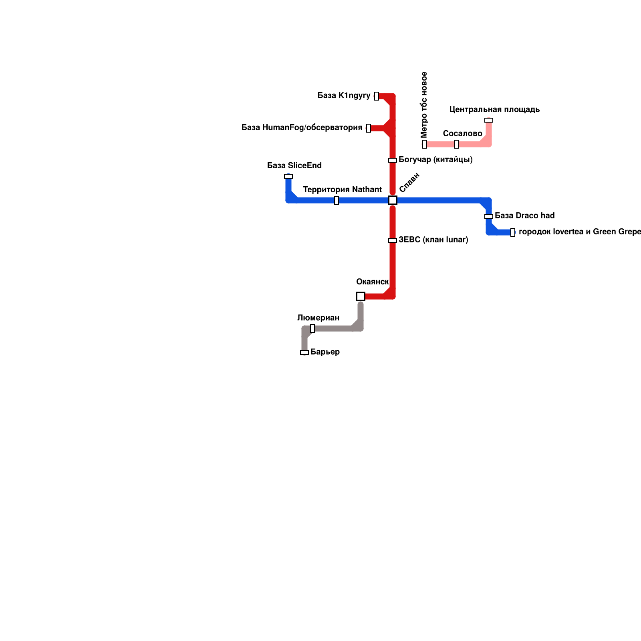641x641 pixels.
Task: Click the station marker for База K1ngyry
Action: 377,96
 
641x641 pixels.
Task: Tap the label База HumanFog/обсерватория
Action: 302,128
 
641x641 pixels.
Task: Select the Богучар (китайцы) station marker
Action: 393,160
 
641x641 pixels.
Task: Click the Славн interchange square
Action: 393,200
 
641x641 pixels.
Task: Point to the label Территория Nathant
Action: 342,189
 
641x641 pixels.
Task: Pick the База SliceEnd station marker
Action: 288,176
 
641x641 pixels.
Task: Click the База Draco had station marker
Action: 489,216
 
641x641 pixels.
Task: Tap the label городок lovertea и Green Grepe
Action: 579,232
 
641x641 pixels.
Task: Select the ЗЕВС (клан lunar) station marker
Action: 393,240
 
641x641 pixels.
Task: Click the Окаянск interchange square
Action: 361,296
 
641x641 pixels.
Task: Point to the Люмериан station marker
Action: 312,329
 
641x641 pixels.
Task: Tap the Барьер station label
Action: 325,352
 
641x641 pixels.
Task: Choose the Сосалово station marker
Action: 457,144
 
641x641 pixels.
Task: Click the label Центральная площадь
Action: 494,109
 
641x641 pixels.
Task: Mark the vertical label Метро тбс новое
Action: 424,105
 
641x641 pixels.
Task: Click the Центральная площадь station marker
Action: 489,120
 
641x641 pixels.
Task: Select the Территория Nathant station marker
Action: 337,200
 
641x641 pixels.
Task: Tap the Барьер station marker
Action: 304,353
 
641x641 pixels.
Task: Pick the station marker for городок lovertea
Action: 513,232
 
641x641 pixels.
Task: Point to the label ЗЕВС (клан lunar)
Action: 433,240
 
